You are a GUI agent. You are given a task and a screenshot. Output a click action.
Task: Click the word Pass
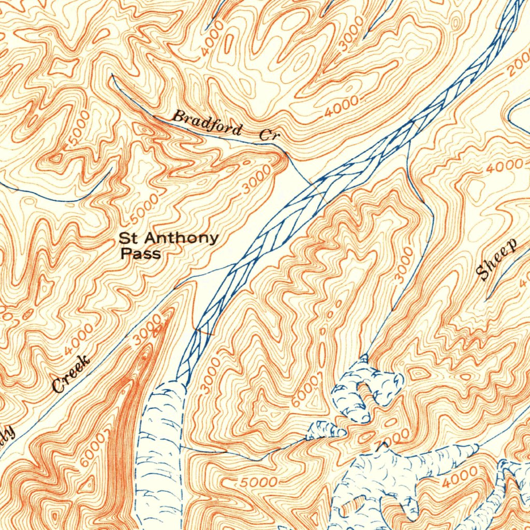(x=140, y=254)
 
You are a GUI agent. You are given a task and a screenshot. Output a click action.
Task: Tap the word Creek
(x=71, y=375)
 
